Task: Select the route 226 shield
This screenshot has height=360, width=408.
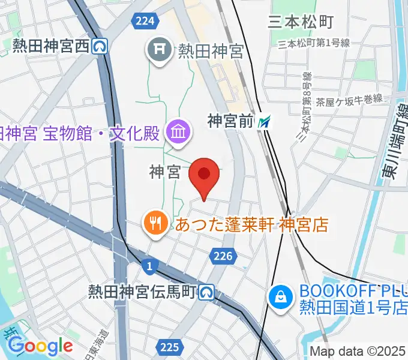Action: coord(222,256)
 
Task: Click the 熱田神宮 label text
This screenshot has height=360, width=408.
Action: coord(210,52)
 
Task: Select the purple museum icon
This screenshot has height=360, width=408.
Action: coord(178,130)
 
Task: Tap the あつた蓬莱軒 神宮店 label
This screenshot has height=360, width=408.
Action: coord(252,225)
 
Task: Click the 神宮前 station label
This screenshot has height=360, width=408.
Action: coord(231,122)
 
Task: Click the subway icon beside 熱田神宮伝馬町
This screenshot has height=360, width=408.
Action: coord(207,293)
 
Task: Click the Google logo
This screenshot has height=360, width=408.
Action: coord(40,346)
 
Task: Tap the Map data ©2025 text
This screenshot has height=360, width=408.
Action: coord(357,351)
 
